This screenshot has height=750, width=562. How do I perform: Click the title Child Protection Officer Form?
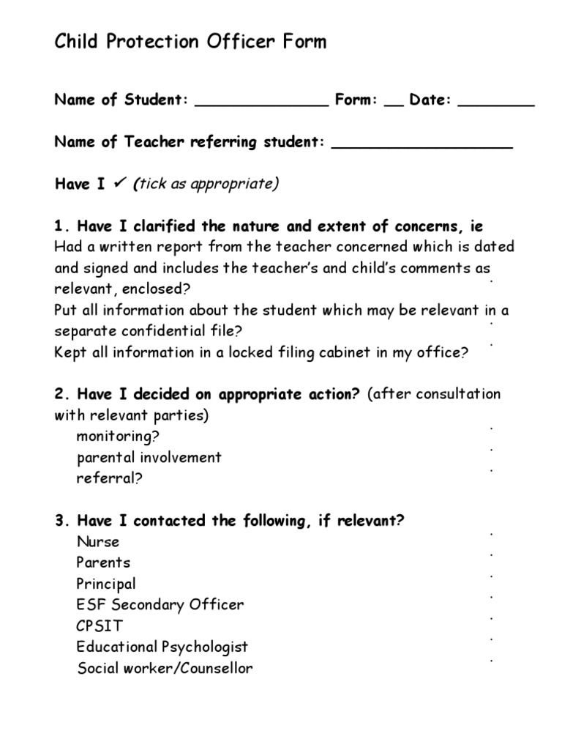[190, 42]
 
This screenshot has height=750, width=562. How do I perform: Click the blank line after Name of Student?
[261, 105]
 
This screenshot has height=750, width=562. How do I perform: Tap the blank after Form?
[393, 105]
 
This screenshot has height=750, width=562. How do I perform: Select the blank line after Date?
[495, 105]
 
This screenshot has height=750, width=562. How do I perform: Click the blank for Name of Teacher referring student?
[421, 147]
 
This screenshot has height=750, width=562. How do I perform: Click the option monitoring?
[118, 437]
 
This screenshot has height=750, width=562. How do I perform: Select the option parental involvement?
[149, 458]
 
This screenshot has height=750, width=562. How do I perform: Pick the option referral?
[109, 479]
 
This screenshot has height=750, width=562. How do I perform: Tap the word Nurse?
[97, 542]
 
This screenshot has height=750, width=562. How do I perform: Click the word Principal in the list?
[106, 584]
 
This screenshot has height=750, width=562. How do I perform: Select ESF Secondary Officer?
[160, 605]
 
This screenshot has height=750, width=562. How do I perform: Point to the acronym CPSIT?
[100, 626]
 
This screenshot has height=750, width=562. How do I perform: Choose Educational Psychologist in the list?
[162, 647]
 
